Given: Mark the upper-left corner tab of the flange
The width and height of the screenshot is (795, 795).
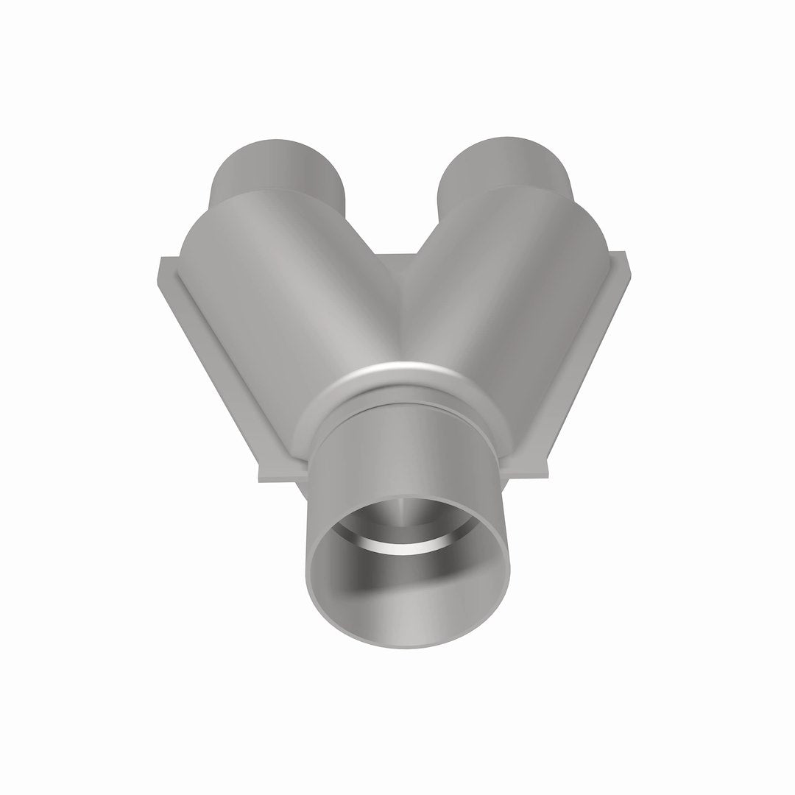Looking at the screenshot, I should [x=166, y=269].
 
